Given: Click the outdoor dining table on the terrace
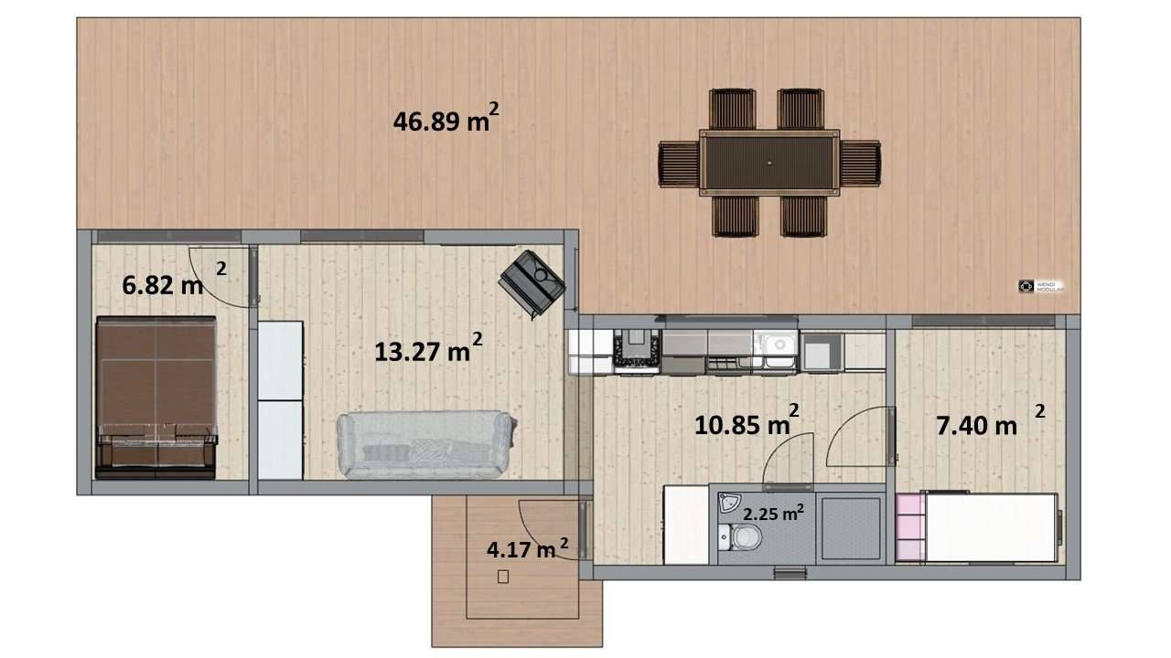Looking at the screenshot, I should [769, 163].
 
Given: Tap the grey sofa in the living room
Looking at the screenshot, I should [425, 444].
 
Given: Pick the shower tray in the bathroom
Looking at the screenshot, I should [850, 528].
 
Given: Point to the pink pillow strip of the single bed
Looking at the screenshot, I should [910, 527].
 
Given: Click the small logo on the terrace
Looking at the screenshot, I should [1026, 286].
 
